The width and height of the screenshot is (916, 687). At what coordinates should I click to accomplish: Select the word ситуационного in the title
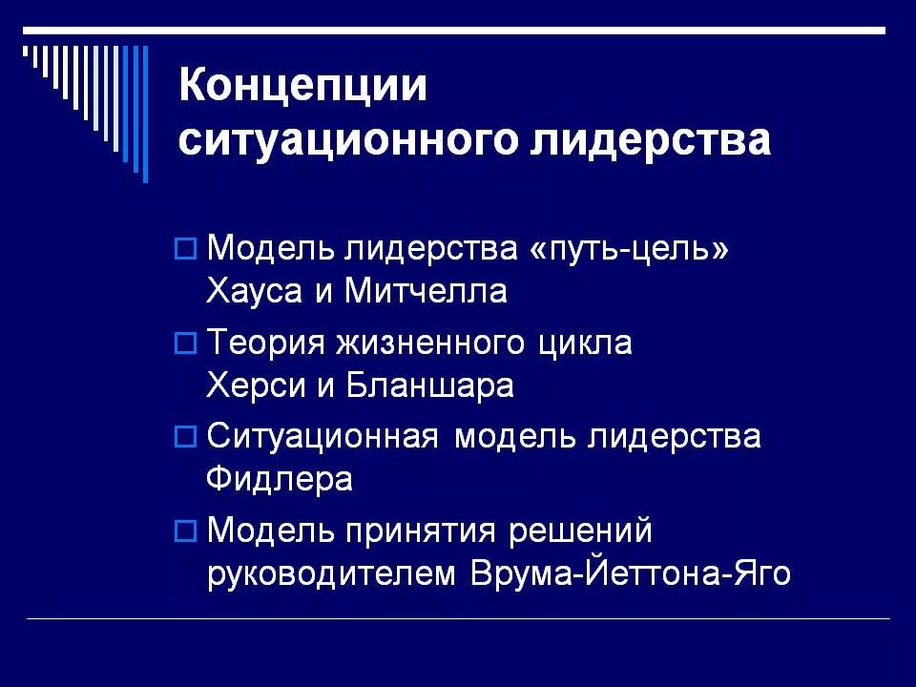[338, 141]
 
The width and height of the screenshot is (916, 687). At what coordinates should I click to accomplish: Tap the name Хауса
[252, 291]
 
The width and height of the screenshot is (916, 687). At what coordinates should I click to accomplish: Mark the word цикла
[586, 343]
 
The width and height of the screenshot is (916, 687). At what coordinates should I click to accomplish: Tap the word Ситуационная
[323, 437]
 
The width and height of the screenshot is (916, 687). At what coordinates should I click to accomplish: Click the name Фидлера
[280, 478]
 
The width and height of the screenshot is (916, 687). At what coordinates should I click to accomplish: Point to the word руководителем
[334, 575]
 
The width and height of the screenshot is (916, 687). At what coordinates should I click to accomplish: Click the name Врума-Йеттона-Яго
[631, 575]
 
